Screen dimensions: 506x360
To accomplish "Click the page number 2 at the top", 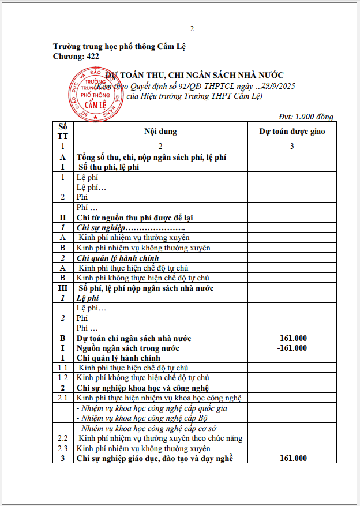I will coord(192,29).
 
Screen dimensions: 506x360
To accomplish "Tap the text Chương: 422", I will coord(76,57).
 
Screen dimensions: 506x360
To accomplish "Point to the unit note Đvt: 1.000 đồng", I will coord(306,117).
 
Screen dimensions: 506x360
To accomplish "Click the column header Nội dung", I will coord(160,132).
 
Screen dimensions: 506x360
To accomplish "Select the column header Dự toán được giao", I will coord(292,132).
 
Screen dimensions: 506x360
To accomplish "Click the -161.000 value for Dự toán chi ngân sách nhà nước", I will coord(292,338).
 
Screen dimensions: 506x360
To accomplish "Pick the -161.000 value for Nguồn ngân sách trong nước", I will coord(292,348).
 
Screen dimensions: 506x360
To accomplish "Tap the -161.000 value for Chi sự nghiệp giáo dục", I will coord(292,458).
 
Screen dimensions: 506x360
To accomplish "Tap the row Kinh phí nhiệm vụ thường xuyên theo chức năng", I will coord(160,438).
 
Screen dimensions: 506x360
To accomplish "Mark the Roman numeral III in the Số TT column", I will coord(63,288).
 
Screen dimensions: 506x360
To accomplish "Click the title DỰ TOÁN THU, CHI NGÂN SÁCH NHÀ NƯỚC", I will coord(194,75).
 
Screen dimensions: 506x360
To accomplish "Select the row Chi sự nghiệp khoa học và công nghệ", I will coord(142,388).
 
